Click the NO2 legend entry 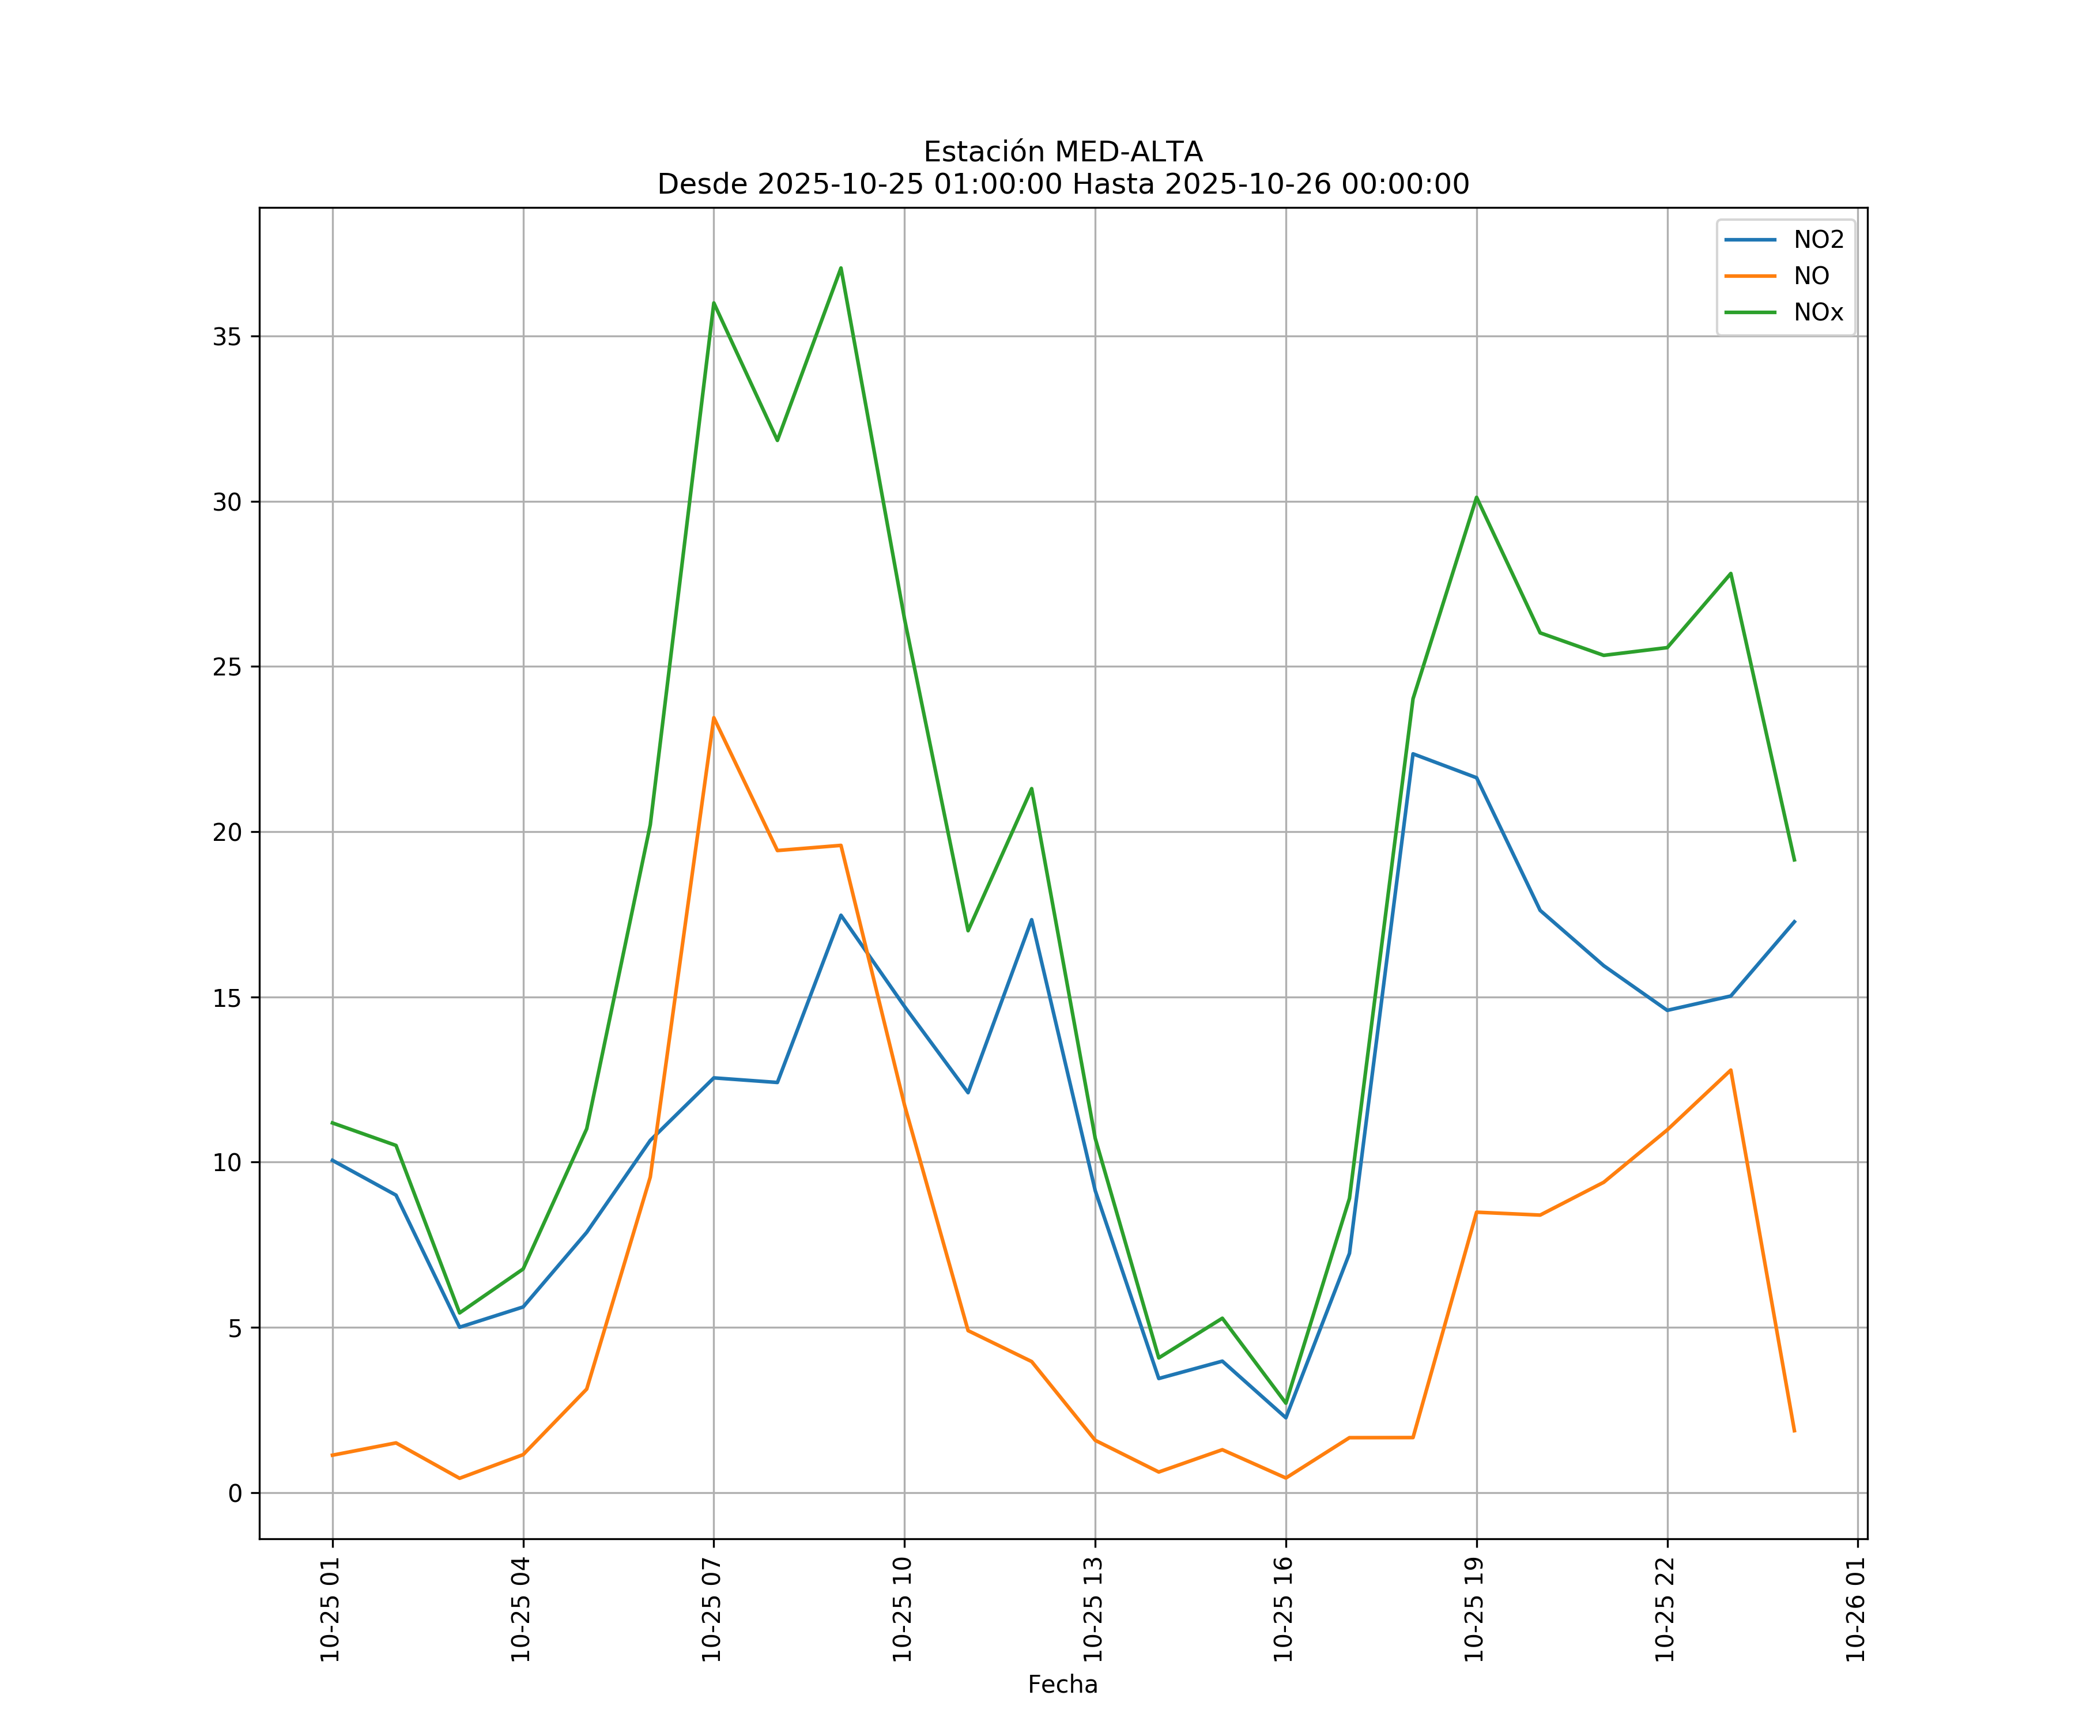pyautogui.click(x=1818, y=240)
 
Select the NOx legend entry pyautogui.click(x=1818, y=313)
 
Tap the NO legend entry pyautogui.click(x=1811, y=277)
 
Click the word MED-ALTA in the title pyautogui.click(x=1129, y=152)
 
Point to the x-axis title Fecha pyautogui.click(x=1062, y=1685)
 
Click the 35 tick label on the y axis pyautogui.click(x=227, y=337)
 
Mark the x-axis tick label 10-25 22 pyautogui.click(x=1666, y=1610)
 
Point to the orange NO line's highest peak pyautogui.click(x=714, y=718)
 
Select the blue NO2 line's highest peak pyautogui.click(x=1413, y=754)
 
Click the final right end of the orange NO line pyautogui.click(x=1794, y=1432)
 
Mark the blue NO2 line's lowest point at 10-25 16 pyautogui.click(x=1285, y=1418)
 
